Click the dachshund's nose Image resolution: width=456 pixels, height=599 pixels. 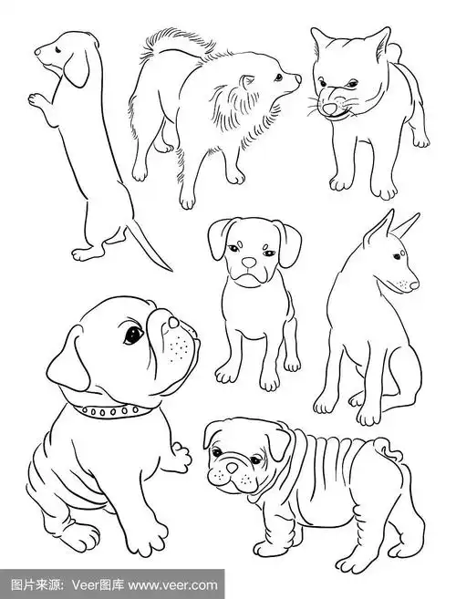point(37,52)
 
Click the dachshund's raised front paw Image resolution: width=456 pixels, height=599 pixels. point(37,100)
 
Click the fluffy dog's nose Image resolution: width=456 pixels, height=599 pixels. point(298,79)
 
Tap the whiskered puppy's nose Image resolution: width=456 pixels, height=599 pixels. point(329,108)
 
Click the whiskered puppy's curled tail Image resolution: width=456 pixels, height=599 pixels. point(395,53)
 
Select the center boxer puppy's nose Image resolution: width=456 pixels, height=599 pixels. point(249,262)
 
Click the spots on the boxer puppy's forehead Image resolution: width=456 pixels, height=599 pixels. point(240,243)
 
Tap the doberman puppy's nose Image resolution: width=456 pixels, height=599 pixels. point(414,285)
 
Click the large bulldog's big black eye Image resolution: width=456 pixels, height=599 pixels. point(133,334)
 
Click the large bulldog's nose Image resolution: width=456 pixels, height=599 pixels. point(173,322)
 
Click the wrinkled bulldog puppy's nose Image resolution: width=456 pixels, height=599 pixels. point(232,468)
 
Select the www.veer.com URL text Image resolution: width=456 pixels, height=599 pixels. point(172,585)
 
